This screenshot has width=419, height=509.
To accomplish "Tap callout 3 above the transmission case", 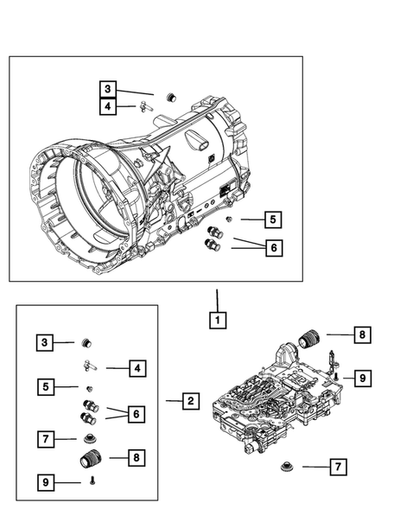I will pyautogui.click(x=107, y=89).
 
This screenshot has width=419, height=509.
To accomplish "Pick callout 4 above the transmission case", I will pyautogui.click(x=107, y=107).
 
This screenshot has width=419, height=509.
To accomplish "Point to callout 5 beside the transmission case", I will pyautogui.click(x=272, y=220).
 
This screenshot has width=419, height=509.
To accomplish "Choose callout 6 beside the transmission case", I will pyautogui.click(x=272, y=248).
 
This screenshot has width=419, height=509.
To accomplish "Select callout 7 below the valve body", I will pyautogui.click(x=338, y=468).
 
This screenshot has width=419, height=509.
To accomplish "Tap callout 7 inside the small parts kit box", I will pyautogui.click(x=46, y=440).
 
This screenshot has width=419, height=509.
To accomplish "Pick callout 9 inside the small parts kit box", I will pyautogui.click(x=46, y=481).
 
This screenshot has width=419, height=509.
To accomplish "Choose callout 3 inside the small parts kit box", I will pyautogui.click(x=46, y=343).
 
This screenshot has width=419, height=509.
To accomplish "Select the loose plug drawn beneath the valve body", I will pyautogui.click(x=285, y=468).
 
